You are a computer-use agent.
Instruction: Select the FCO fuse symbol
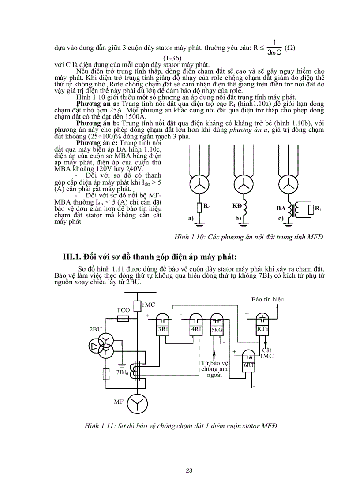click(124, 318)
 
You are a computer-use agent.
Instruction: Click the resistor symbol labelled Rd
click(199, 206)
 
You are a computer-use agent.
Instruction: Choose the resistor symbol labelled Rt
click(311, 208)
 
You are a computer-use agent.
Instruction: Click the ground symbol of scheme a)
click(199, 225)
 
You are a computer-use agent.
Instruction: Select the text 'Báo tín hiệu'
click(267, 300)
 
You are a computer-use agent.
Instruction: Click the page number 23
click(189, 470)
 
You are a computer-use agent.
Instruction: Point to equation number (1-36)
click(174, 58)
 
